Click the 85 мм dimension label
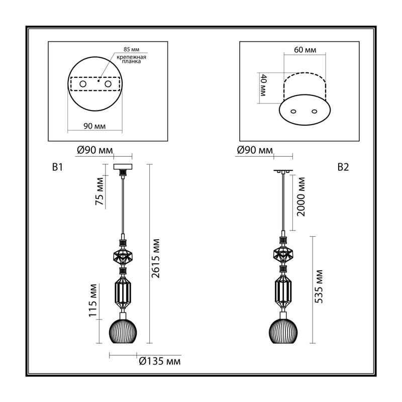pos(131,49)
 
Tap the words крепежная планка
pos(131,59)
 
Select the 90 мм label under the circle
pos(94,126)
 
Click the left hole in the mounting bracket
pos(83,84)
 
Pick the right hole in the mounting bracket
pos(108,84)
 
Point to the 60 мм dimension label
pos(305,49)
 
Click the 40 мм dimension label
pos(263,85)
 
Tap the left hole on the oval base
pos(294,111)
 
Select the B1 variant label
pos(57,167)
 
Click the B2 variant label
pos(343,167)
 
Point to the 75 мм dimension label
pos(99,191)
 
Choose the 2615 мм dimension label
pos(156,258)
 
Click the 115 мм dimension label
pos(93,300)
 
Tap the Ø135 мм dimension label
pos(160,361)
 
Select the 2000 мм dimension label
pos(301,197)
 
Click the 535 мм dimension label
pos(319,286)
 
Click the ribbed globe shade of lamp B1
pos(123,331)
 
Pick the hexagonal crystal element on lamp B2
pos(283,254)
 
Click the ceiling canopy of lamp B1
pos(123,167)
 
